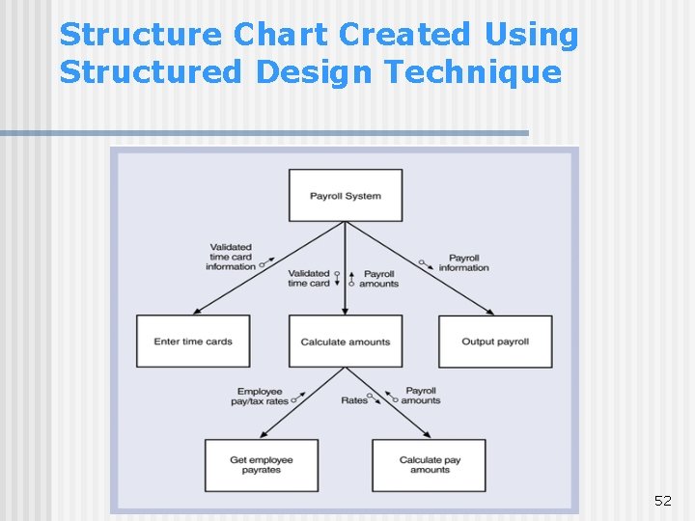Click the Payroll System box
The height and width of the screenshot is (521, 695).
pyautogui.click(x=346, y=196)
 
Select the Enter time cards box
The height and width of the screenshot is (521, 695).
pyautogui.click(x=193, y=342)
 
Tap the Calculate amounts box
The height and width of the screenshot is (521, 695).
pyautogui.click(x=346, y=342)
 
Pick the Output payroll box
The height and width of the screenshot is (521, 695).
pyautogui.click(x=495, y=342)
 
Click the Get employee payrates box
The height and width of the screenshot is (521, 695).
pyautogui.click(x=262, y=465)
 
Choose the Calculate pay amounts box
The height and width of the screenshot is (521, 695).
pyautogui.click(x=430, y=465)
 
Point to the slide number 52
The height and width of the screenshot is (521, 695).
pyautogui.click(x=662, y=500)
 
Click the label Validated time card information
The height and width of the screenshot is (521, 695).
pyautogui.click(x=231, y=257)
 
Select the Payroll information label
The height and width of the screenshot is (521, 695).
pyautogui.click(x=464, y=262)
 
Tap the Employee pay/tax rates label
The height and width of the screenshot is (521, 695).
pyautogui.click(x=262, y=396)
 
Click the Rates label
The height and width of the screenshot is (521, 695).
pyautogui.click(x=354, y=400)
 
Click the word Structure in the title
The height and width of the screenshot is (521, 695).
pyautogui.click(x=141, y=35)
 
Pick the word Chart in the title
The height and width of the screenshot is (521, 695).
pyautogui.click(x=280, y=35)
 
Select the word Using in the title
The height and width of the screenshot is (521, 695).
pyautogui.click(x=531, y=35)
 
